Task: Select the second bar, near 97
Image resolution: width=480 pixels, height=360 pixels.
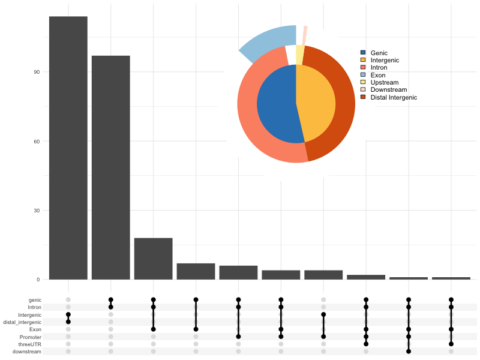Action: [x=111, y=167]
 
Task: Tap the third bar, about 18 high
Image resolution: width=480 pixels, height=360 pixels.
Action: [x=154, y=259]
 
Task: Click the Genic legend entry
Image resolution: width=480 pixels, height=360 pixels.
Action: [x=379, y=53]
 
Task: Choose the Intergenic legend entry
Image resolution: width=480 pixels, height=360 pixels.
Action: [x=385, y=61]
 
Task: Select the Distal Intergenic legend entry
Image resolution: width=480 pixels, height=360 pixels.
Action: [x=393, y=97]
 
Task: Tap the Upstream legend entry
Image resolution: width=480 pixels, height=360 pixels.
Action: [x=384, y=82]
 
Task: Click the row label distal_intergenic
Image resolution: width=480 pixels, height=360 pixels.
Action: [x=23, y=322]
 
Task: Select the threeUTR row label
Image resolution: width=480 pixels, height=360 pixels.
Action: [x=30, y=344]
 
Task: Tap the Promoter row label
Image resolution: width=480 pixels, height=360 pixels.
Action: [x=31, y=337]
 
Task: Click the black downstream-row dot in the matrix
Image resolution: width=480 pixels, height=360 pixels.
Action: [x=409, y=352]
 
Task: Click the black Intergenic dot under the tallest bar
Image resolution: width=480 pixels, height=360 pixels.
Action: [x=68, y=314]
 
